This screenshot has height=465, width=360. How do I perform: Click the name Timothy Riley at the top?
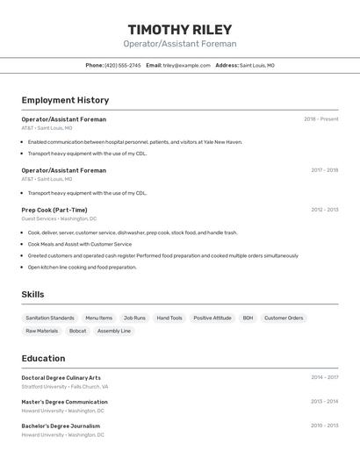tap(180, 29)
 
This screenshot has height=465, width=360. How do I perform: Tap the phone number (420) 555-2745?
tap(123, 65)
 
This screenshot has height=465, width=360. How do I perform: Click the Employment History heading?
tap(65, 100)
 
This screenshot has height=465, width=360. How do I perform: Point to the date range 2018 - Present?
tap(320, 119)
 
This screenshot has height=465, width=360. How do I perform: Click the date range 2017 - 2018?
tap(324, 170)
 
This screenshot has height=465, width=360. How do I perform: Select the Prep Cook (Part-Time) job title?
tap(54, 210)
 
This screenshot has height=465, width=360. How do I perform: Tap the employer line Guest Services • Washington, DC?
tap(59, 218)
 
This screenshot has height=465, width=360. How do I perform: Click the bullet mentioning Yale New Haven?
tap(134, 142)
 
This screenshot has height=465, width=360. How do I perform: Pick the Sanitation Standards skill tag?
tap(50, 318)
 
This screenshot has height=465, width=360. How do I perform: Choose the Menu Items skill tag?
tap(98, 318)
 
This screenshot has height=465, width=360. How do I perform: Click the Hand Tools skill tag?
tap(169, 318)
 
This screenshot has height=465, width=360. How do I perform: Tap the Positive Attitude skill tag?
tap(212, 318)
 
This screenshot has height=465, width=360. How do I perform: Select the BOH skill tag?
tap(248, 318)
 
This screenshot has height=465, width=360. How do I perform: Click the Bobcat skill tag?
tap(78, 331)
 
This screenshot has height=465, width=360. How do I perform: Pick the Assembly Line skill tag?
tap(114, 331)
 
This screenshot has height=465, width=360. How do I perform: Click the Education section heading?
tap(43, 358)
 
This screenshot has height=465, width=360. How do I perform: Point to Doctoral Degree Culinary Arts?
tap(61, 377)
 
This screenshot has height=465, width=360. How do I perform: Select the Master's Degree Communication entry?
tap(64, 402)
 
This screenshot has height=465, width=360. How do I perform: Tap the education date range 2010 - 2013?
tap(324, 426)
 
